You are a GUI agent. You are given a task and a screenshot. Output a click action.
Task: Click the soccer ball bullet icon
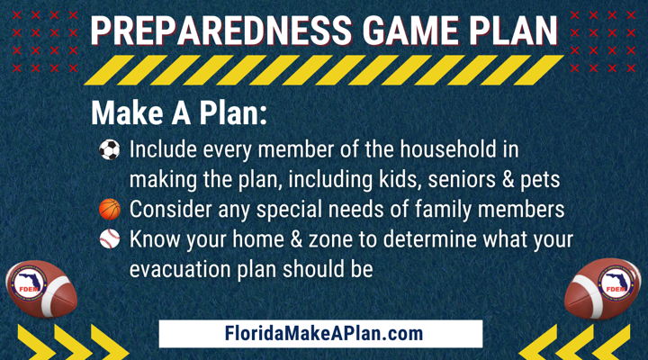(x=110, y=149)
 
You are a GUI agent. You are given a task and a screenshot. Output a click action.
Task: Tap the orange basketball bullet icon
(x=110, y=209)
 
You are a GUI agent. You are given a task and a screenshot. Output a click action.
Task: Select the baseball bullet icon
(x=110, y=239)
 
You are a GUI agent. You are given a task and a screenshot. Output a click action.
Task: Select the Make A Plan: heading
(x=179, y=112)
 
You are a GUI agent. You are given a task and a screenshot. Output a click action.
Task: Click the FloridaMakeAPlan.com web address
(x=324, y=334)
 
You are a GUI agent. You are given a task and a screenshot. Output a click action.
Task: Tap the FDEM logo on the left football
(x=29, y=283)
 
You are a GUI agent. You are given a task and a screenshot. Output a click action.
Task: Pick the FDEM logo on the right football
(x=616, y=283)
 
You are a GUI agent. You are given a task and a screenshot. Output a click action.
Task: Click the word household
(x=448, y=148)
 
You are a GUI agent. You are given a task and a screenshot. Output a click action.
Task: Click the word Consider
(x=171, y=209)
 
